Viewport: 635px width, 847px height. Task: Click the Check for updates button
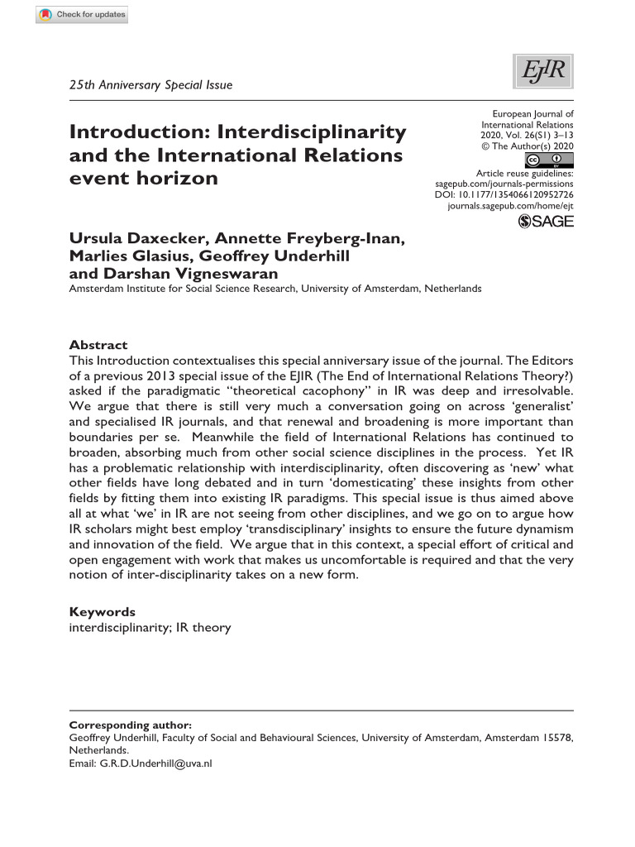(83, 15)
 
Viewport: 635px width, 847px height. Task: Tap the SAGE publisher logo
(545, 221)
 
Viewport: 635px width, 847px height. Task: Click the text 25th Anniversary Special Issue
(150, 84)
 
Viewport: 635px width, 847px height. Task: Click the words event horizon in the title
(144, 178)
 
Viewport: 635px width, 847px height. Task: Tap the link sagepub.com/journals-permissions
(504, 183)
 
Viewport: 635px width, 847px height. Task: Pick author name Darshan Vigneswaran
(176, 272)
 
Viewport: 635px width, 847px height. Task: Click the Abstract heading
(98, 345)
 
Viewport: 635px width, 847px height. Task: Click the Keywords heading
(102, 612)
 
